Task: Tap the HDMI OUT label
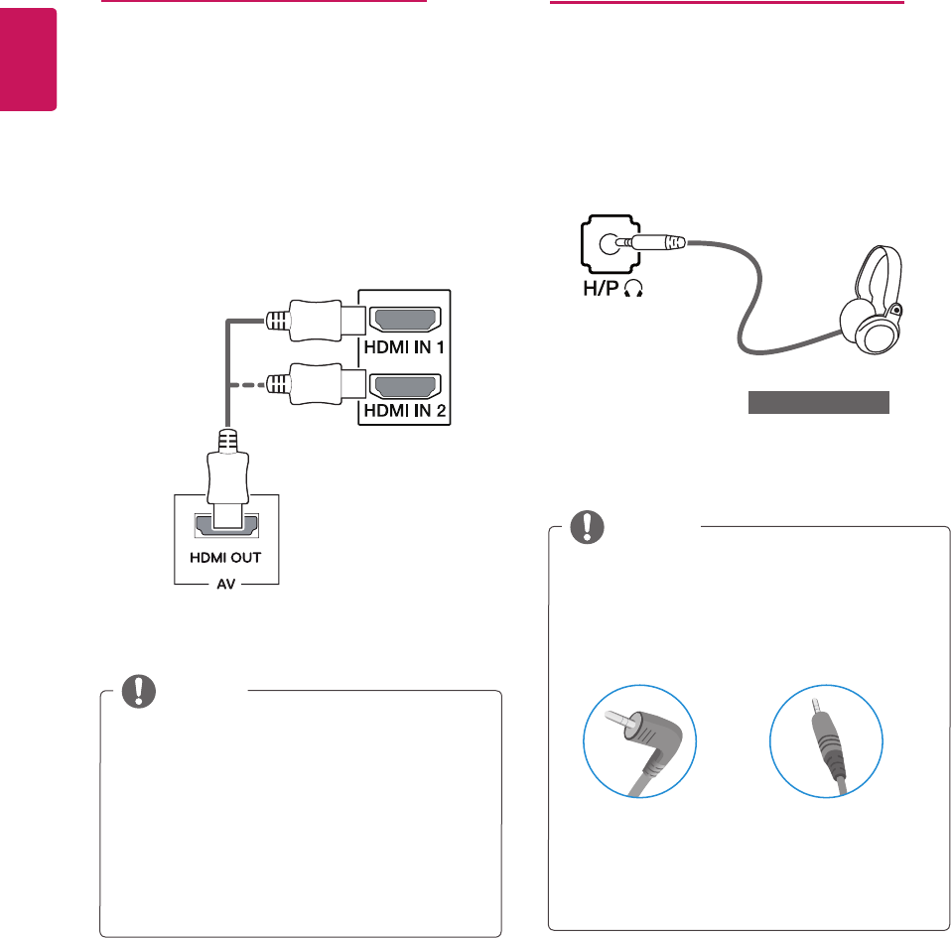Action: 225,557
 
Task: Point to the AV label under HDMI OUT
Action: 225,586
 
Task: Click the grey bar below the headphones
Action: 818,402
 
